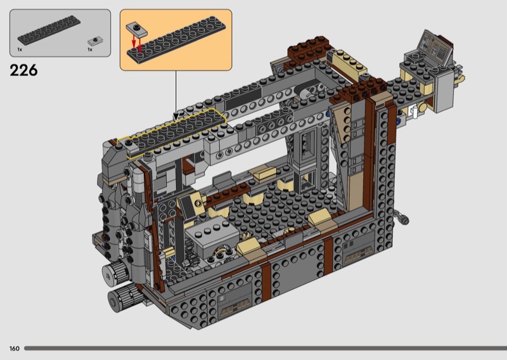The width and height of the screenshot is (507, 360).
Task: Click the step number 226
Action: pyautogui.click(x=23, y=70)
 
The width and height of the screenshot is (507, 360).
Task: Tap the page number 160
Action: pyautogui.click(x=15, y=349)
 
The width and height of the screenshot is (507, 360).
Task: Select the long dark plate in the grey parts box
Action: pyautogui.click(x=49, y=30)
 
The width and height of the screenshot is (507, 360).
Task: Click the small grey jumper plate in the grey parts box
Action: pyautogui.click(x=95, y=41)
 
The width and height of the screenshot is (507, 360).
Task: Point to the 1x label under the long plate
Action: pyautogui.click(x=20, y=50)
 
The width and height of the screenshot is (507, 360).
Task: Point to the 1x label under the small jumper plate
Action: pyautogui.click(x=90, y=50)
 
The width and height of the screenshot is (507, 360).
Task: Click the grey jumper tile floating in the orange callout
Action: pyautogui.click(x=136, y=29)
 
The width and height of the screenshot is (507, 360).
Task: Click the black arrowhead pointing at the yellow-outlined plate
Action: pyautogui.click(x=176, y=116)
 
